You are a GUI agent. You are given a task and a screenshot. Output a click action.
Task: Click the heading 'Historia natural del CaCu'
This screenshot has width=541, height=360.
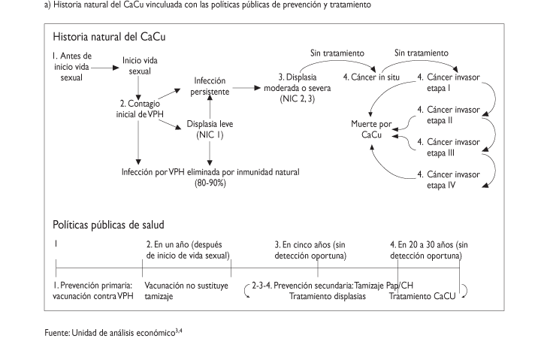click(110, 36)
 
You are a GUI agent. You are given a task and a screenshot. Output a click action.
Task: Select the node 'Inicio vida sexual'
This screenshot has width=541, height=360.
click(140, 65)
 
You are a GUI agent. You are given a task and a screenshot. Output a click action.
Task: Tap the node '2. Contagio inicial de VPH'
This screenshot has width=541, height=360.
click(138, 108)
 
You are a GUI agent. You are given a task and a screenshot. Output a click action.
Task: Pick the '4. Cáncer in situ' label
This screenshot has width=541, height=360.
click(369, 77)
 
